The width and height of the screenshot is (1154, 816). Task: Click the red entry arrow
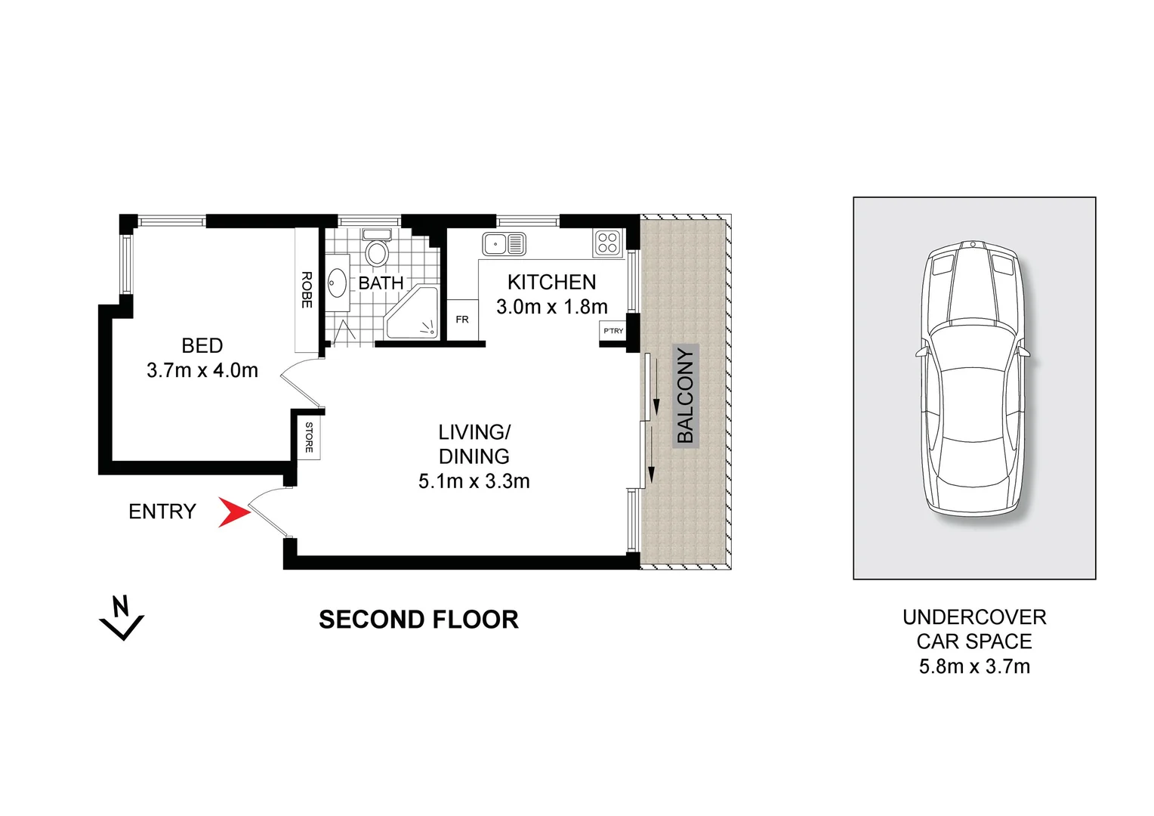233,512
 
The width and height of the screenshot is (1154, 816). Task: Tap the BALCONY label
686,395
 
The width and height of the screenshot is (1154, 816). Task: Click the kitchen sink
504,244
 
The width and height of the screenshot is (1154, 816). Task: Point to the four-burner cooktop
608,243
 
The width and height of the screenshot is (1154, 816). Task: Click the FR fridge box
462,320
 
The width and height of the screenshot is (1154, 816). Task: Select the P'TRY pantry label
613,331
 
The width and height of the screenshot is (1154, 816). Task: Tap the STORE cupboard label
309,437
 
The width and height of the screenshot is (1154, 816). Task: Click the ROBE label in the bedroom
307,289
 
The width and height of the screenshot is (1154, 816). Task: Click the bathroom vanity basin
337,283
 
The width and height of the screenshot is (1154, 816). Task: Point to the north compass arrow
121,617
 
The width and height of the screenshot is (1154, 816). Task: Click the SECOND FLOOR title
418,620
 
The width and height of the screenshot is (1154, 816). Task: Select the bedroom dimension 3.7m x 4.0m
202,370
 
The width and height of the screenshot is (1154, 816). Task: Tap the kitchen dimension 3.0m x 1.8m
552,307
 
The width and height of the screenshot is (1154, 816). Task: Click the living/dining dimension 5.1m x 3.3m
474,481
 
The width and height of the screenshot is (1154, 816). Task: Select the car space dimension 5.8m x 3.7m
974,666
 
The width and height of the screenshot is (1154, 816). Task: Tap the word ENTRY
162,512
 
